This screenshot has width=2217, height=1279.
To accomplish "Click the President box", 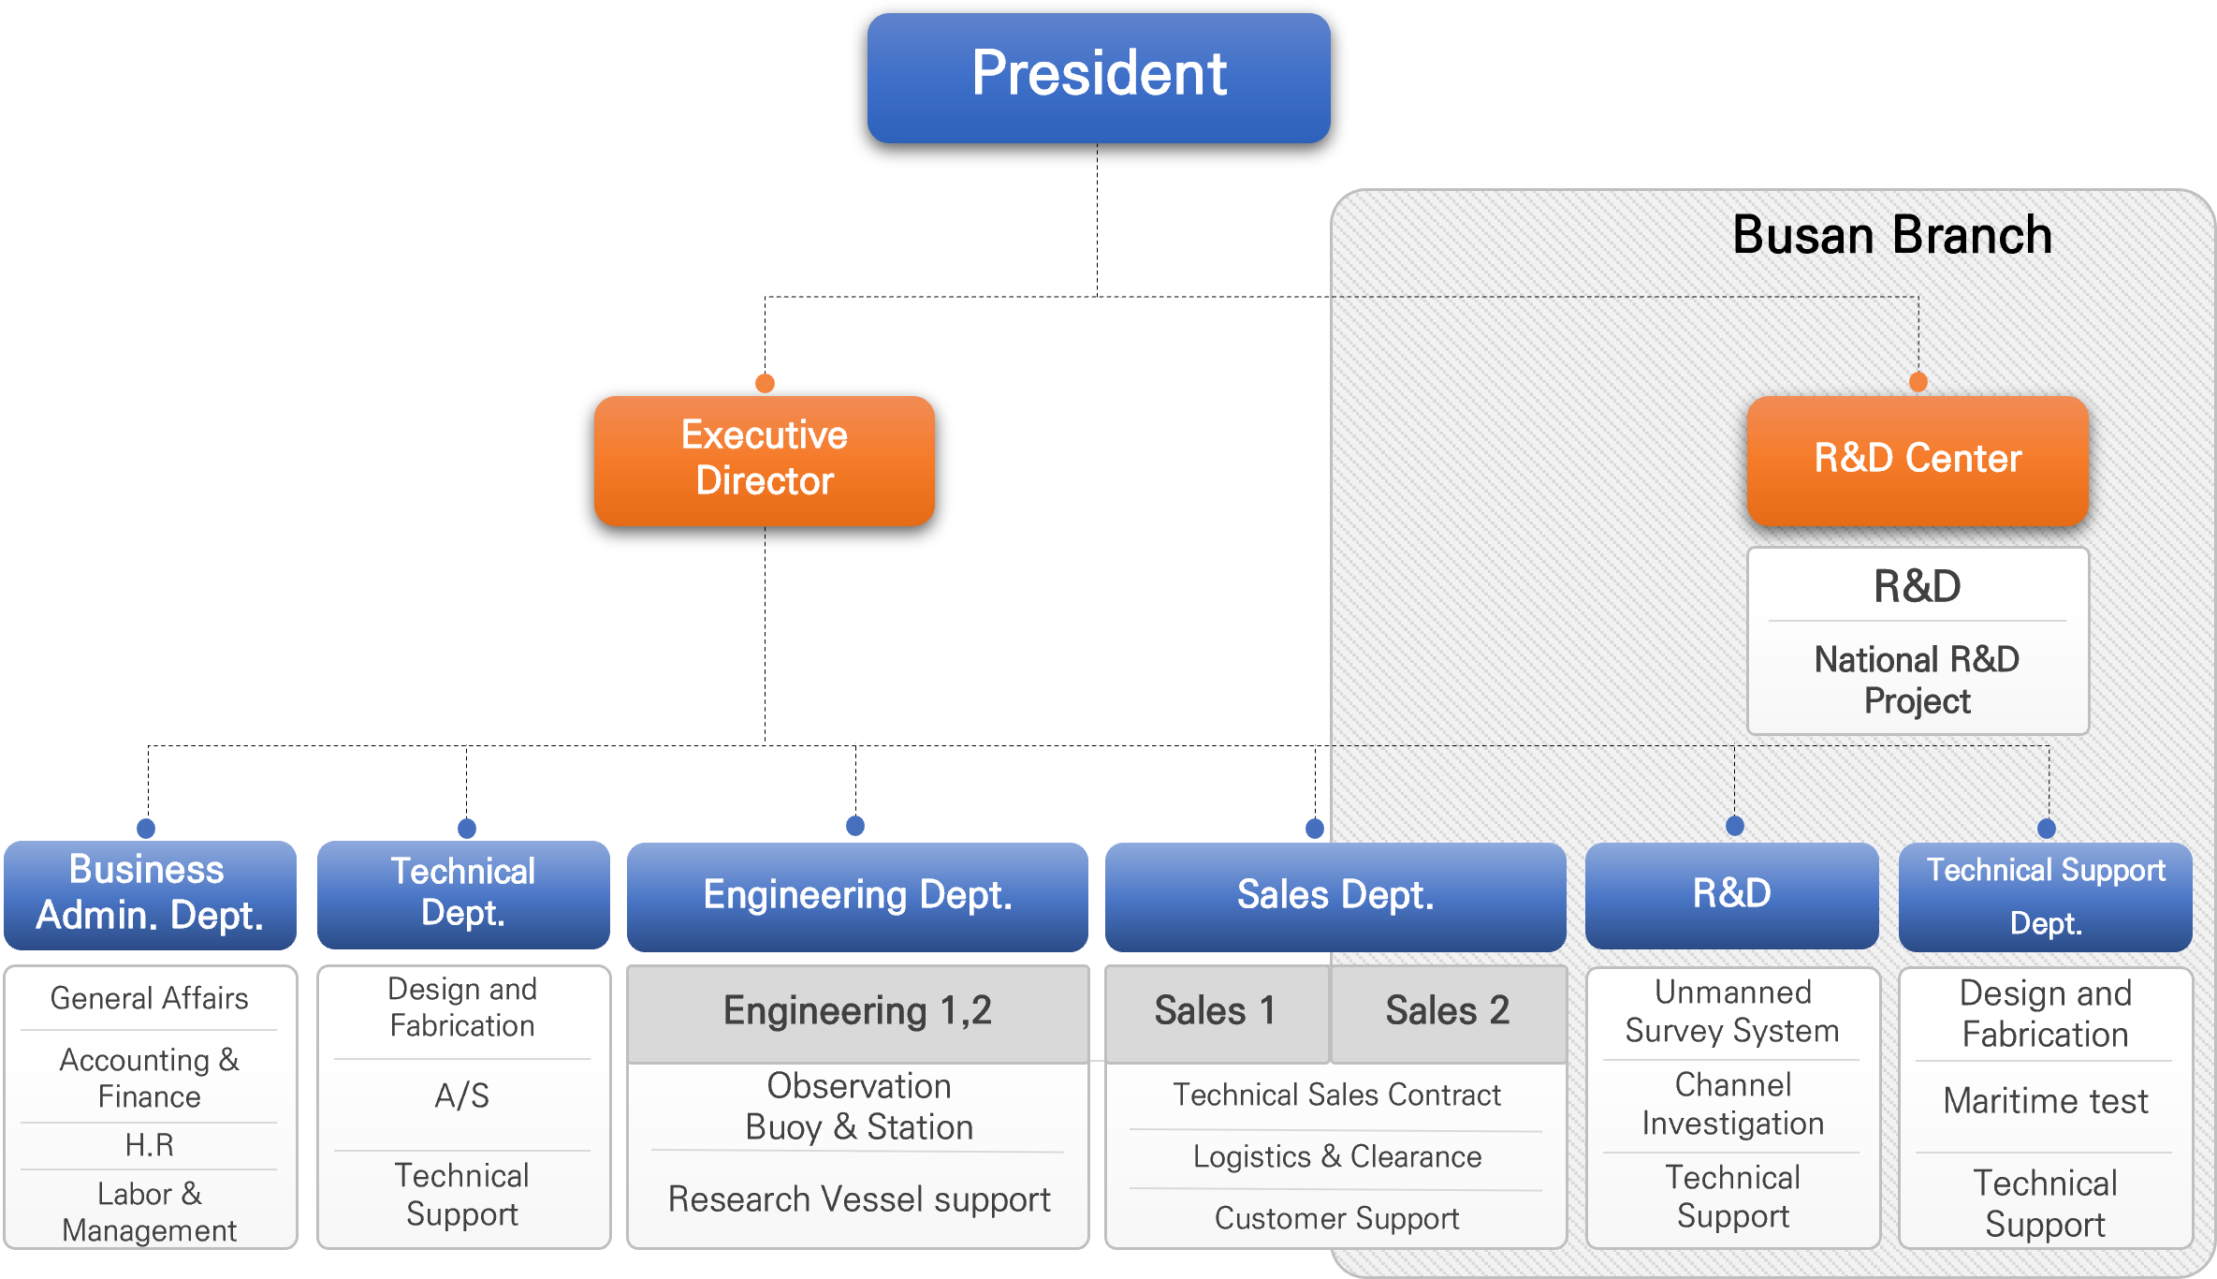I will [1098, 77].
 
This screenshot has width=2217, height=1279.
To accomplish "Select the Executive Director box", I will [764, 460].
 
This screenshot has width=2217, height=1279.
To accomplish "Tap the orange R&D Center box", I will [1917, 460].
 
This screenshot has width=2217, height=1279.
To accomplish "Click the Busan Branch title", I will [1891, 235].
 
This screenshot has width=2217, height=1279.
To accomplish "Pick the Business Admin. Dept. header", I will [150, 893].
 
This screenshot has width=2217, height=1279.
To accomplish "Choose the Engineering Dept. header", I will [856, 896].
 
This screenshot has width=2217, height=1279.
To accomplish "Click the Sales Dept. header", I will [1335, 896].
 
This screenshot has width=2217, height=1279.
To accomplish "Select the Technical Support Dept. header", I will [2045, 896].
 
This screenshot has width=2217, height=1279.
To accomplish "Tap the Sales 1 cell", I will [1215, 1011].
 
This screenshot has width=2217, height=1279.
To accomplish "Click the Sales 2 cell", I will [1448, 1011].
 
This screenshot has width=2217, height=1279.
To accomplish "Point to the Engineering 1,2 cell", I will [856, 1011].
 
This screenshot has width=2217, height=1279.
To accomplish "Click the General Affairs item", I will [150, 998].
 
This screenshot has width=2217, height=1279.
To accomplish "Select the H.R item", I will [150, 1145].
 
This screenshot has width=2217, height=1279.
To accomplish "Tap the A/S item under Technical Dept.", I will [462, 1095].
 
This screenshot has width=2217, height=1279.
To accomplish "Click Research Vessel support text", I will [858, 1199].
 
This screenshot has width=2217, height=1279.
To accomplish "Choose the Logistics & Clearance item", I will [1336, 1157].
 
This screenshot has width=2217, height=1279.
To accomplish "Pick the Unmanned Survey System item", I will [1732, 1011].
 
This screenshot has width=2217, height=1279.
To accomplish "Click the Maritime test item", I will [2045, 1101].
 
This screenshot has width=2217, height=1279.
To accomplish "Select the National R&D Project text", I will [1917, 680].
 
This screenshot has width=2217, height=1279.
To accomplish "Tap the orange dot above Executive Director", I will [765, 383].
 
